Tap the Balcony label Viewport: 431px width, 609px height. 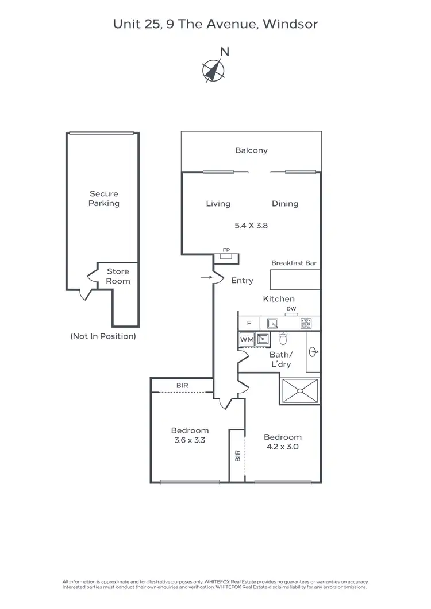[x=251, y=150]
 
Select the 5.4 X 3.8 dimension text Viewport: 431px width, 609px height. [x=251, y=226]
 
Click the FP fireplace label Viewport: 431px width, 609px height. [x=226, y=251]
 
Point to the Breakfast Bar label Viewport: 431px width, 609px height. [x=294, y=263]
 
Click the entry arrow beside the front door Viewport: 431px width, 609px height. [x=205, y=278]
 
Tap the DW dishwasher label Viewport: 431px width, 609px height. [x=291, y=309]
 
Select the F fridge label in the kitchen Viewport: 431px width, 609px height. [x=249, y=323]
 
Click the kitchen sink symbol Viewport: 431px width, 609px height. [x=272, y=323]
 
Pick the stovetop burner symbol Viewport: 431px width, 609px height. [x=306, y=323]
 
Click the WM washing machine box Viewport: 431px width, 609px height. [x=247, y=340]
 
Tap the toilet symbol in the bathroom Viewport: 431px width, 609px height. [x=282, y=338]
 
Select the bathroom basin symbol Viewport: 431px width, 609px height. [x=314, y=352]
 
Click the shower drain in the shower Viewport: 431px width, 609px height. [x=299, y=391]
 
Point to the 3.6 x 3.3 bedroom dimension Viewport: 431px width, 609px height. [x=190, y=441]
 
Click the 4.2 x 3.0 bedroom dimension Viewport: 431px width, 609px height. [x=283, y=446]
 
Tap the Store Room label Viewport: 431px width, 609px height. [x=118, y=276]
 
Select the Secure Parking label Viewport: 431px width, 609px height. [x=103, y=199]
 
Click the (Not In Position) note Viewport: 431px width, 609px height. [x=103, y=336]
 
